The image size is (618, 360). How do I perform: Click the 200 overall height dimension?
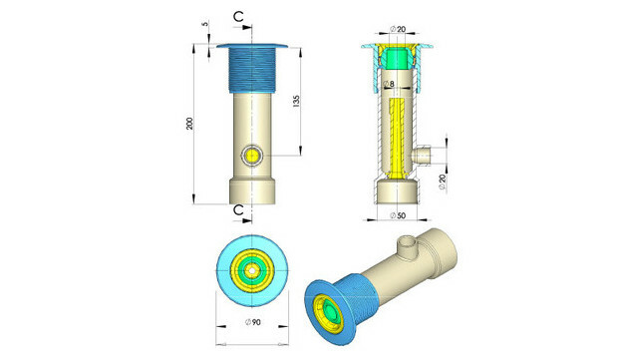coord(202,123)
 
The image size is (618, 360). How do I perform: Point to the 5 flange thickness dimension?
coord(203,26)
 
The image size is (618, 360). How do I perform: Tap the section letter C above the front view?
coord(240,17)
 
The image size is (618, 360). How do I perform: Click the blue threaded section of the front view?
coord(253,70)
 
